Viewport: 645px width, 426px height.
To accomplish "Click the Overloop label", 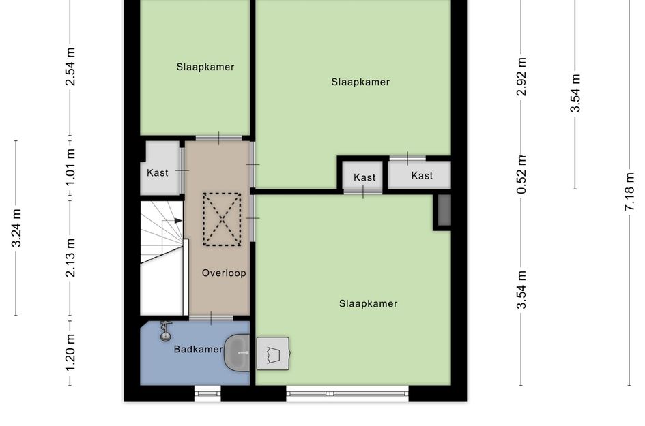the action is coord(224,273).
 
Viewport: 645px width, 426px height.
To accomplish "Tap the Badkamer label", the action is coord(198,349).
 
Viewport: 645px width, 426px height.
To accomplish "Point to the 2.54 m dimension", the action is coord(71,67).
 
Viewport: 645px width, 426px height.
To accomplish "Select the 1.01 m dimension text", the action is coord(71,166).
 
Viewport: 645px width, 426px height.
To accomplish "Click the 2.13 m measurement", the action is coord(71,258).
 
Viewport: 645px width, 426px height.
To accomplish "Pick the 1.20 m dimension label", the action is coord(71,352).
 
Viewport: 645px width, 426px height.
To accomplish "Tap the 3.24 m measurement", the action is coord(16,228).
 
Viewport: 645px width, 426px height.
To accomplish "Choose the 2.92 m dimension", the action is coord(521,77).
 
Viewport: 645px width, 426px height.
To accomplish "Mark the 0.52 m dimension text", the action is coord(521,174).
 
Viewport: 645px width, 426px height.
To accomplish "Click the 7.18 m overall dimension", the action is coord(629,192).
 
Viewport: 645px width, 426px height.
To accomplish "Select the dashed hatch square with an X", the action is coord(222,219).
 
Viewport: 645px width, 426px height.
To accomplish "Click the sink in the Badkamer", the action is coord(238,352).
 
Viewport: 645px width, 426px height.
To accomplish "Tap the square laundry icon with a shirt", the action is coord(273,354).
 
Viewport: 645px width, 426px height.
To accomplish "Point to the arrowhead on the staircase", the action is coord(179,221).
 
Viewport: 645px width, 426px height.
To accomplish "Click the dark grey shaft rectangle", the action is coord(444,210).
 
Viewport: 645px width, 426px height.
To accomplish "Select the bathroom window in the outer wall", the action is coord(207,393).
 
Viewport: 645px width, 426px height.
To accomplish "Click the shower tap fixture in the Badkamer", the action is coord(165,331).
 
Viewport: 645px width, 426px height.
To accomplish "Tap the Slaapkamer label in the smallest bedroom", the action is coord(205,67).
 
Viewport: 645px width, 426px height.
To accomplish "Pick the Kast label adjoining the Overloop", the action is coord(158,172).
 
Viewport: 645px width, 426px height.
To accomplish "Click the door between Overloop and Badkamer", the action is coord(211,318).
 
